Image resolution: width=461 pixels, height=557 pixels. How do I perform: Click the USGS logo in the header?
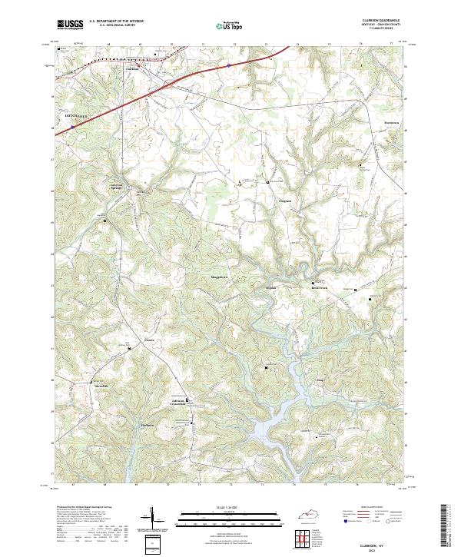click(70, 25)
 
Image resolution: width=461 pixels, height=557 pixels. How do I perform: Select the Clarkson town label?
click(133, 68)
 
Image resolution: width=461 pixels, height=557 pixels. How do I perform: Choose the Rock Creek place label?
click(319, 289)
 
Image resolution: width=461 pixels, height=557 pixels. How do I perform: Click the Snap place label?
click(319, 380)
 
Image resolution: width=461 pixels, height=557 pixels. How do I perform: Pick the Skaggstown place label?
click(220, 277)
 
